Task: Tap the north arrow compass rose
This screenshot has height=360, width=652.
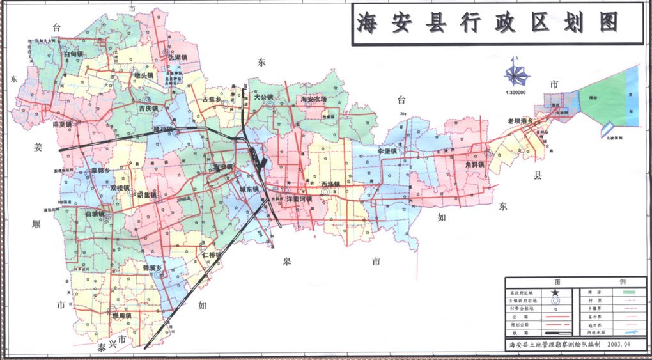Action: pyautogui.click(x=517, y=73)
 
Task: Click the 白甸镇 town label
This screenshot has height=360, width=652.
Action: pyautogui.click(x=74, y=55)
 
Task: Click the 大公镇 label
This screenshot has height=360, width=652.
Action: pyautogui.click(x=263, y=97)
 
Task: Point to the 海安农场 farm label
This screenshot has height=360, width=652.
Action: pyautogui.click(x=313, y=99)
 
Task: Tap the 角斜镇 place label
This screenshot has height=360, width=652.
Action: pyautogui.click(x=475, y=164)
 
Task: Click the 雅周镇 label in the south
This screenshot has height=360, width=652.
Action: pyautogui.click(x=120, y=316)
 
